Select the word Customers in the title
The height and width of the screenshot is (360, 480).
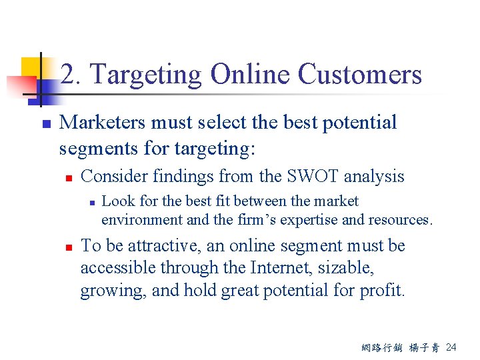pos(359,74)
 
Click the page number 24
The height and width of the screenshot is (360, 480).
pos(451,347)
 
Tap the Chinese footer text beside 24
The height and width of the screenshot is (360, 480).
pos(400,347)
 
